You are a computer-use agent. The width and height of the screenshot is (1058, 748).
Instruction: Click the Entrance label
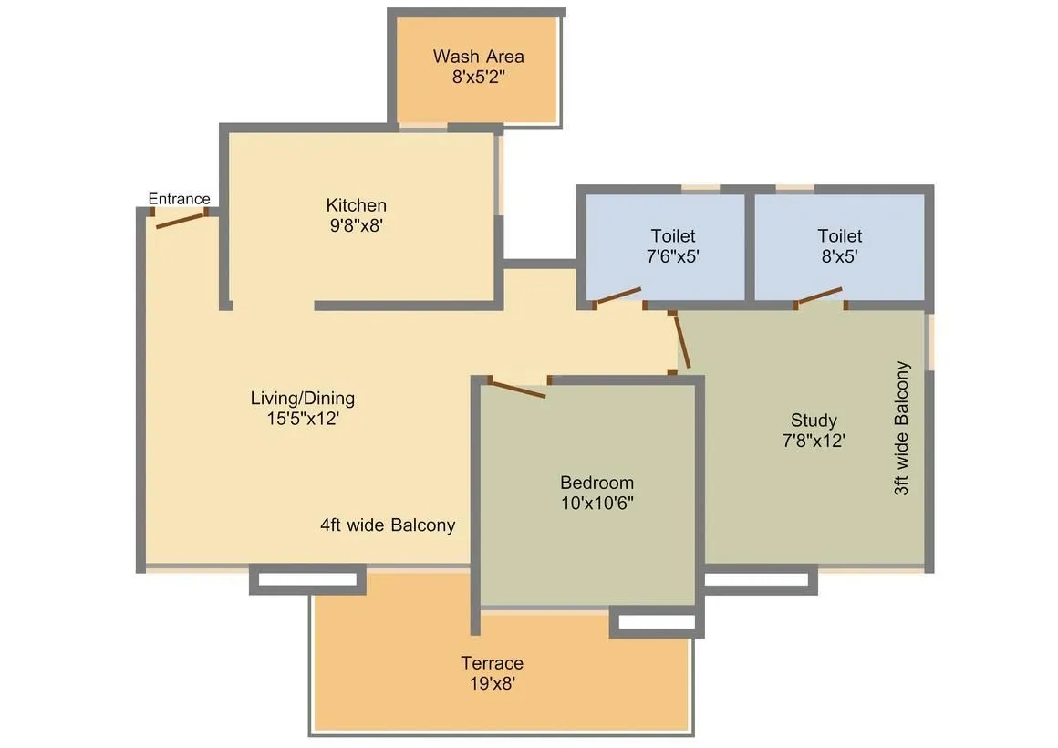(x=179, y=199)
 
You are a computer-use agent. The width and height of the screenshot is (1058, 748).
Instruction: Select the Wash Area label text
(x=478, y=57)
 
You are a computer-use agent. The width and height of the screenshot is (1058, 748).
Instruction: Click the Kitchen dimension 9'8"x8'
(x=357, y=225)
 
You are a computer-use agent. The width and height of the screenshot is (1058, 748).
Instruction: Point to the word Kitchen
(x=357, y=205)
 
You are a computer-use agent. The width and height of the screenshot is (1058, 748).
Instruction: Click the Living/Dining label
(x=303, y=399)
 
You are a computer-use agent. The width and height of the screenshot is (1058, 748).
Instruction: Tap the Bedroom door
(x=518, y=389)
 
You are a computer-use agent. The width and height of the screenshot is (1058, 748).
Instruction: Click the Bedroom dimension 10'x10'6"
(x=596, y=503)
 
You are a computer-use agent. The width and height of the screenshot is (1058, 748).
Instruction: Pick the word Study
(x=814, y=421)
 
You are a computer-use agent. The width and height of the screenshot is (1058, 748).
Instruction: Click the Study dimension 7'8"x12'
(x=814, y=441)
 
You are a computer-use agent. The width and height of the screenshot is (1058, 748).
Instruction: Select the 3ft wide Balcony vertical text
(x=902, y=429)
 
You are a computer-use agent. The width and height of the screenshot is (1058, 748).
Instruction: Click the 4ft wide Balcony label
(x=388, y=525)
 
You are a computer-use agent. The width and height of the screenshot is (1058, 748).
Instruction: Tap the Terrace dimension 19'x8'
(x=492, y=683)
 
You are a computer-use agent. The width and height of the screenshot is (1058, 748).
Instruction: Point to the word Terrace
(x=492, y=663)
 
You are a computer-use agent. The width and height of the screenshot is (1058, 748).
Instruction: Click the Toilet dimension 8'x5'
(x=839, y=256)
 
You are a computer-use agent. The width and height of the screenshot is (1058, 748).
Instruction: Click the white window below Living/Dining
(x=307, y=579)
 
